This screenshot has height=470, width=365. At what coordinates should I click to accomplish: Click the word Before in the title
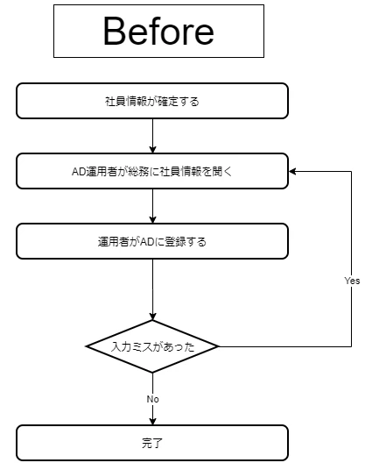coord(158,31)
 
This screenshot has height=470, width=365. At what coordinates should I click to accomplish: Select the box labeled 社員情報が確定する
coord(152,101)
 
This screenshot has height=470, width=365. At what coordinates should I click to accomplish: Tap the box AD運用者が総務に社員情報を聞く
coord(152,171)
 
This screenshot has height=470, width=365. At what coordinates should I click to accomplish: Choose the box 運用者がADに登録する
coord(152,241)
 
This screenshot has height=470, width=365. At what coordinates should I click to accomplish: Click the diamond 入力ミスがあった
coord(152,346)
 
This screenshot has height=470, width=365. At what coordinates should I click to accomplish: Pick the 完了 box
coord(152,443)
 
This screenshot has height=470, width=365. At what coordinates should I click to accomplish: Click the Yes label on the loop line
coord(352,281)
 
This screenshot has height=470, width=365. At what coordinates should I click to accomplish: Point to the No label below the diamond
coord(152,399)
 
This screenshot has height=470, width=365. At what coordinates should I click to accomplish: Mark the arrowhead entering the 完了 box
coord(152,421)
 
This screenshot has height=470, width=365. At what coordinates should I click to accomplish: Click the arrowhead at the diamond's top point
coord(152,316)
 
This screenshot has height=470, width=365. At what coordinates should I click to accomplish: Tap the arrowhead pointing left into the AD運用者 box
coord(292,171)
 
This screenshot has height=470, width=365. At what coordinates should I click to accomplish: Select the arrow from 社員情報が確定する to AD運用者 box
coord(152,136)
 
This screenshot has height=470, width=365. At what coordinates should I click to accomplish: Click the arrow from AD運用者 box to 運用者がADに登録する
coord(152,206)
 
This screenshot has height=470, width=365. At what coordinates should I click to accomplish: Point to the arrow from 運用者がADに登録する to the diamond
coord(152,289)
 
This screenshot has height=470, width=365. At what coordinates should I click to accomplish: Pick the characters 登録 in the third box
coord(175,242)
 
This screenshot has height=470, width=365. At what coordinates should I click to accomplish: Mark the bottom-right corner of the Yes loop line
coord(351,346)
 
